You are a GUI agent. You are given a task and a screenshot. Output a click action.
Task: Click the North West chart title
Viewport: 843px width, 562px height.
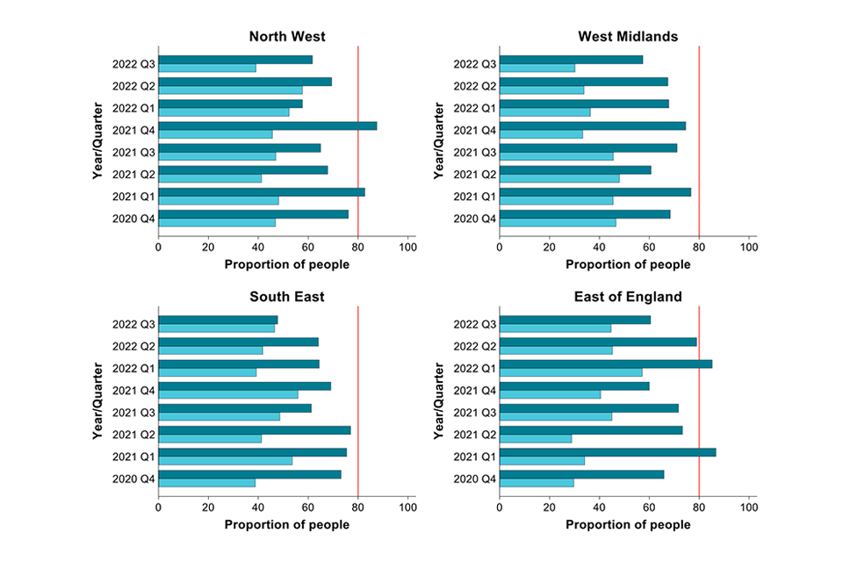pos(286,37)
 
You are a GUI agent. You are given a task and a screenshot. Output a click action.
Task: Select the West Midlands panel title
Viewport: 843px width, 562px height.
pos(627,37)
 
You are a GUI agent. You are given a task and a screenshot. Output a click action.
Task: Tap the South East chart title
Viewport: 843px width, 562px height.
pos(286,297)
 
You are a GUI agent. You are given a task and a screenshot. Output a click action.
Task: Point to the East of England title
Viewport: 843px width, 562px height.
pos(627,297)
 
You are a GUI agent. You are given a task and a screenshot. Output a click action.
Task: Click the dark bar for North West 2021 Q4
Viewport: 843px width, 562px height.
pos(268,126)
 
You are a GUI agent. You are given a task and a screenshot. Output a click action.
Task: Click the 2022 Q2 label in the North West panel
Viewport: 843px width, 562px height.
pos(133,86)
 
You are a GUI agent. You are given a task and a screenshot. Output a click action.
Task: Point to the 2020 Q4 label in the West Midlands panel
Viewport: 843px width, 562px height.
pos(474,218)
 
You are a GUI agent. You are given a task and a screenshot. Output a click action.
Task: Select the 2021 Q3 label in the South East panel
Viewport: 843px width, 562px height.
pos(133,413)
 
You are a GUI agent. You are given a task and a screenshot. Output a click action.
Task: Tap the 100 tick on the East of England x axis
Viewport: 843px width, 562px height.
pos(749,508)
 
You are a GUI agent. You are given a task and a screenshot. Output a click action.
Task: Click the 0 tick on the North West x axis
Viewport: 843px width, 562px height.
pos(158,248)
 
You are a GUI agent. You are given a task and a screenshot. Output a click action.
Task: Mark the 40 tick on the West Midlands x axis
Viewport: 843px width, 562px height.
pos(599,248)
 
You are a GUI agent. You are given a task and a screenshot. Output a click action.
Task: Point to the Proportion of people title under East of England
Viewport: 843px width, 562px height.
pos(627,524)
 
